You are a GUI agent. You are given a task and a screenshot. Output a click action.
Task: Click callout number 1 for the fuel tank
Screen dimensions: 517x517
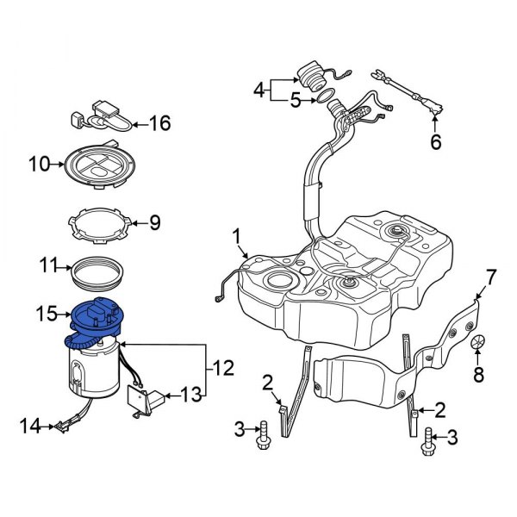[236, 234]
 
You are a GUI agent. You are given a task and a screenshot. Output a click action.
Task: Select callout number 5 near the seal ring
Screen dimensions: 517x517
[296, 101]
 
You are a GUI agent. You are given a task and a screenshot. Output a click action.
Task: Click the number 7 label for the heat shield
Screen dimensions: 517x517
[490, 277]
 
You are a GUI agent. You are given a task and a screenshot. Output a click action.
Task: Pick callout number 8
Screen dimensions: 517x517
[479, 375]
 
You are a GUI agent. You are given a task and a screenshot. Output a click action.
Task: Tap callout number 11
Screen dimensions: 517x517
[47, 267]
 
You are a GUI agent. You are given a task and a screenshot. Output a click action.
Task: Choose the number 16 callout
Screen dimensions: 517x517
[159, 123]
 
